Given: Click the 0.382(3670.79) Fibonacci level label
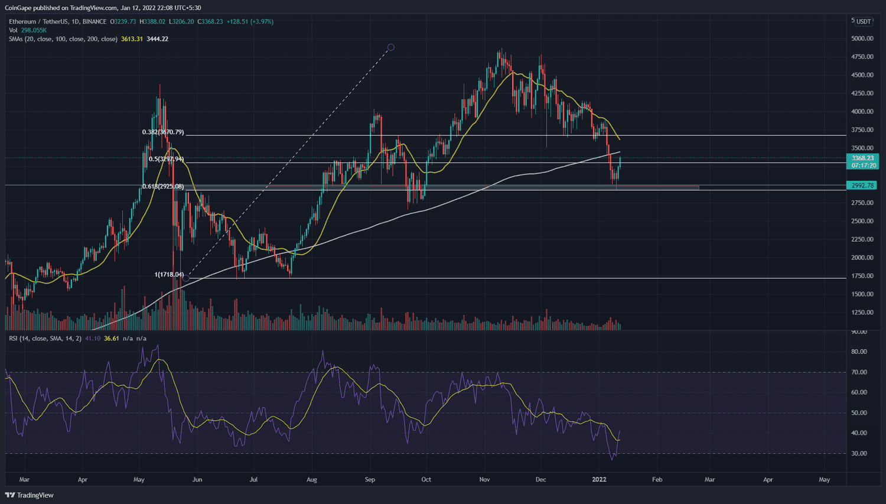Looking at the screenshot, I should point(163,132).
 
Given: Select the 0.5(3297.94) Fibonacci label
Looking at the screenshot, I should point(166,159).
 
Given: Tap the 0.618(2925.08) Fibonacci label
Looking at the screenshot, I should point(163,186).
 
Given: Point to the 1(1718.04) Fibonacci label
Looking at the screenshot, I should point(169,275).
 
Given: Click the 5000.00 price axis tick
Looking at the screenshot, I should point(862,38).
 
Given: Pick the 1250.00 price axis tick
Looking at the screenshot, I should point(862,313).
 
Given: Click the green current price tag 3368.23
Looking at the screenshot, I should point(862,158).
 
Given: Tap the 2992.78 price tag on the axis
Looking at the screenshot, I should point(862,185).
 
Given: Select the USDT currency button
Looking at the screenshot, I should point(863,21).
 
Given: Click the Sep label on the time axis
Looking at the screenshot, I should point(370,480).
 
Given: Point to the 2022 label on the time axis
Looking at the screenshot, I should point(600,480).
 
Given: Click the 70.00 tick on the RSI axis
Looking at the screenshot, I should point(859,372).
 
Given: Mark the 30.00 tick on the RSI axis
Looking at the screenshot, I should point(859,454).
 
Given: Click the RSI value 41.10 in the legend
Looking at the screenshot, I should point(93,339).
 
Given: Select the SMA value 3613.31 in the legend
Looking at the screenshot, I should point(132,39).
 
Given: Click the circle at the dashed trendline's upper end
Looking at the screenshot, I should point(390,47).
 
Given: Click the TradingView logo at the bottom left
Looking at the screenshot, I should point(30,495).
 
